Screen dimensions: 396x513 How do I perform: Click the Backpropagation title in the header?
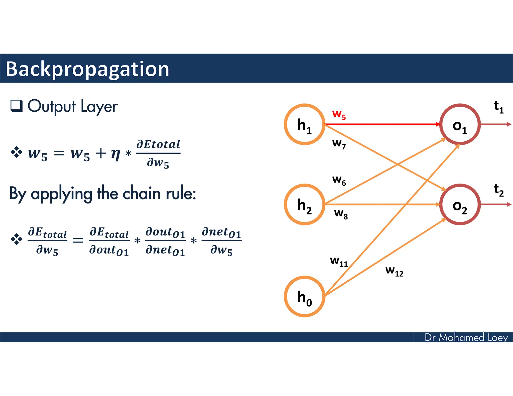[87, 69]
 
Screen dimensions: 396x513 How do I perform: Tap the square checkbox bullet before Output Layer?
[17, 106]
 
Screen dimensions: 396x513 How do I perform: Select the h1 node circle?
[304, 124]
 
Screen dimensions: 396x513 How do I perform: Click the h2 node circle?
[304, 205]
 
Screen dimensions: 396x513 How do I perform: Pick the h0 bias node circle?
[304, 297]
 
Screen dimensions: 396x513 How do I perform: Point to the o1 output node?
[460, 124]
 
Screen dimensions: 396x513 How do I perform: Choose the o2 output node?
[460, 205]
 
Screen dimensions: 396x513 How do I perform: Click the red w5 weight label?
[339, 114]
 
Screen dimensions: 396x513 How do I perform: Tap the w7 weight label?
[339, 144]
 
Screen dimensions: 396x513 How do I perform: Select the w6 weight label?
[339, 180]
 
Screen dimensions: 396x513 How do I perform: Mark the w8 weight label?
[341, 214]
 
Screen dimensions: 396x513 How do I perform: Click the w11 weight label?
[339, 261]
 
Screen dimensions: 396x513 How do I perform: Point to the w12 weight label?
[394, 271]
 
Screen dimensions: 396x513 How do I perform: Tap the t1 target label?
[498, 107]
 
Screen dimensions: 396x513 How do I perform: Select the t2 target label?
[498, 190]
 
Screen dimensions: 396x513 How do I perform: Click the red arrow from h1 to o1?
[381, 124]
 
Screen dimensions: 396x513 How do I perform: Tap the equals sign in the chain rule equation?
[78, 241]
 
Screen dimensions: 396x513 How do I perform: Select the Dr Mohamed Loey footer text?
[466, 337]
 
